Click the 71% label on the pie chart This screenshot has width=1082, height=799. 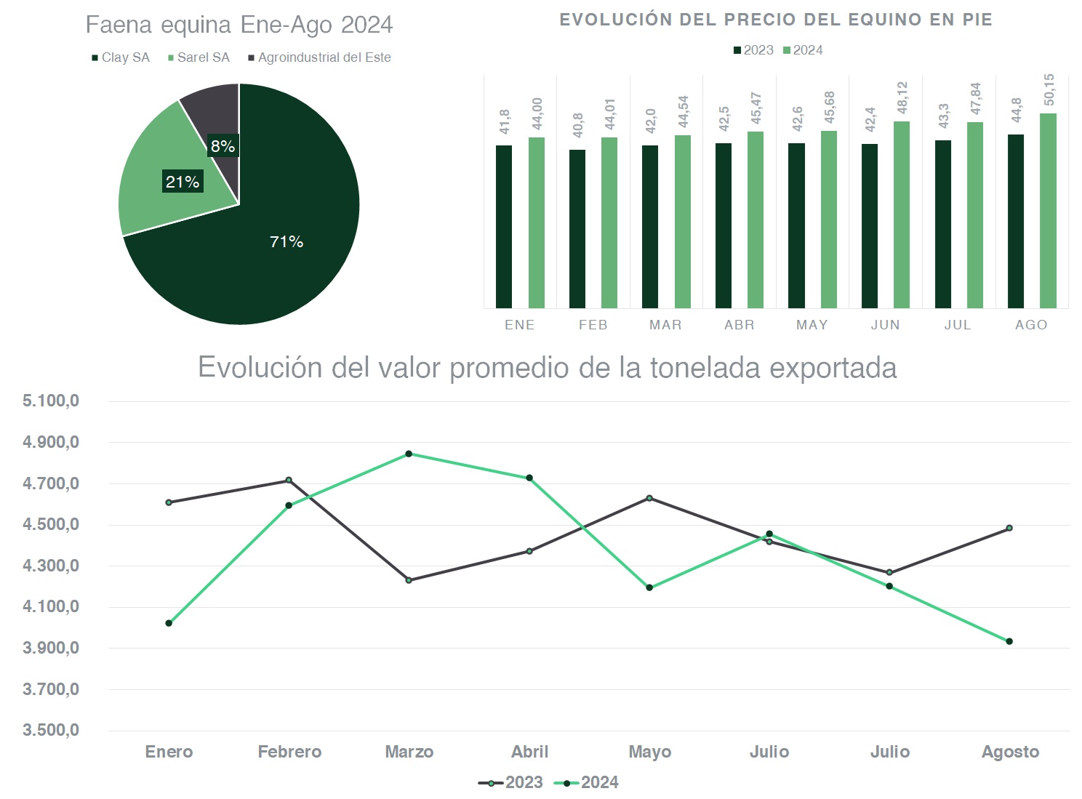coord(286,242)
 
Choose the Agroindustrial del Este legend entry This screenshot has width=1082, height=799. coord(320,57)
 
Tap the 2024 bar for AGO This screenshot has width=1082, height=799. coord(1048,211)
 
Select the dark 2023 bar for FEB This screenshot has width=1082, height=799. coord(577,229)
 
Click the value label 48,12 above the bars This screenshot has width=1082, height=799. coord(902,97)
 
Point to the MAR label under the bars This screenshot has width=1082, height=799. coord(665,325)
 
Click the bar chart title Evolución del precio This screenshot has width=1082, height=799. coord(776,20)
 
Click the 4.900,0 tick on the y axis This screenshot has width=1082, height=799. coord(51,442)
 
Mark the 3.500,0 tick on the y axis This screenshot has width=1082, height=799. coord(51,730)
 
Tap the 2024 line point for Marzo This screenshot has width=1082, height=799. coord(409,454)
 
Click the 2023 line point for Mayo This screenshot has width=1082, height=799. coord(649,498)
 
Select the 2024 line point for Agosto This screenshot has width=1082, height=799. coord(1009,641)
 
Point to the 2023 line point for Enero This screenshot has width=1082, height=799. coord(169,502)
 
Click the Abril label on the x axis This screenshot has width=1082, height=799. coord(529,752)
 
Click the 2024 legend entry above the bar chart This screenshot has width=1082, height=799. coord(803,50)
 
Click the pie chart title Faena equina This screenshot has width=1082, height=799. coord(239,25)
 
